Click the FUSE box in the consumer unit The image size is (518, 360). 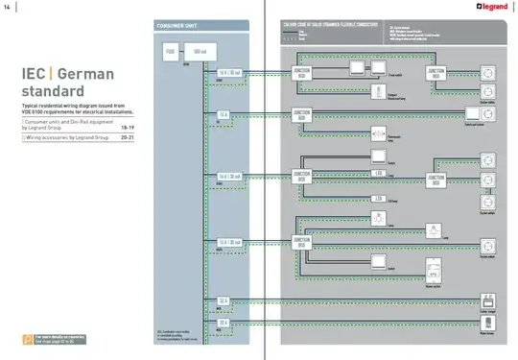[x=170, y=50]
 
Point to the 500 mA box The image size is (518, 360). [x=199, y=50]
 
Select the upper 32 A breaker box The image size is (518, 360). [x=223, y=300]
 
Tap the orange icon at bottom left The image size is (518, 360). [x=27, y=339]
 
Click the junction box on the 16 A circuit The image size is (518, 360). [x=303, y=115]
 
